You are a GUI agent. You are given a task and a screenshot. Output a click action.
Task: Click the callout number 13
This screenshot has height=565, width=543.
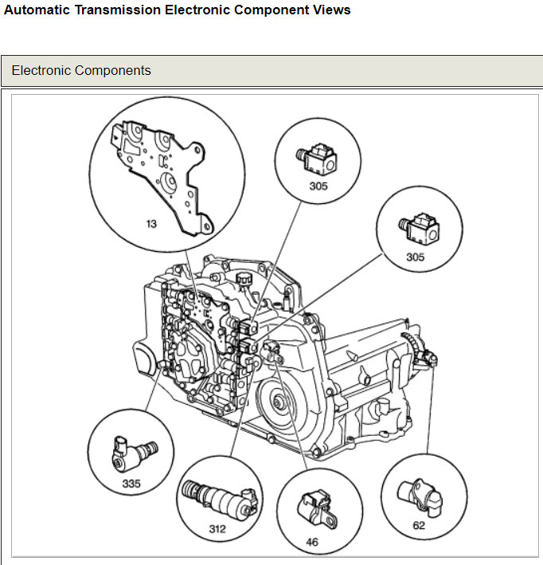150,224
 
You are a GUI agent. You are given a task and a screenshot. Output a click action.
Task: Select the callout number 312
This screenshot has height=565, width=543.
216,528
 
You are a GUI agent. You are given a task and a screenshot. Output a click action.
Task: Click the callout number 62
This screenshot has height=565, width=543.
418,525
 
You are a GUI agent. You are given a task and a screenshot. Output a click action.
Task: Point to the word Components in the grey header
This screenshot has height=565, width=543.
114,70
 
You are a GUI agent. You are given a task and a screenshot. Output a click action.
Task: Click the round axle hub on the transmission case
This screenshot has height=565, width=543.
279,402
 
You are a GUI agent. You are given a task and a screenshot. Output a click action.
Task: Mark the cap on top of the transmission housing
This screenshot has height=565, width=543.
244,277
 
